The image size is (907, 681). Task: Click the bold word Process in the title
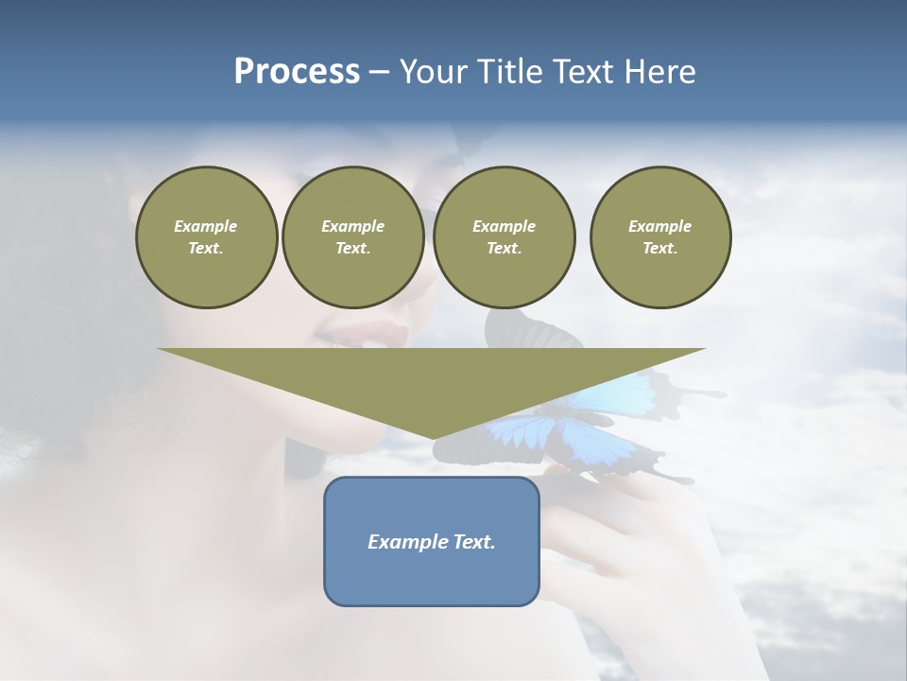pos(297,72)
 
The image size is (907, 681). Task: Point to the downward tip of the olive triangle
pos(432,437)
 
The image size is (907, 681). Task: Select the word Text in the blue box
pos(475,542)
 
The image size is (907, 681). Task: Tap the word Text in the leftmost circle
pos(206,248)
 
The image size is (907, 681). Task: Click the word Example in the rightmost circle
pos(659,226)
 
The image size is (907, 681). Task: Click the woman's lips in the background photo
pos(373,333)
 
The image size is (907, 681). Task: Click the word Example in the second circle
pos(352,226)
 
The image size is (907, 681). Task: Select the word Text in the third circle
pos(504,248)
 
